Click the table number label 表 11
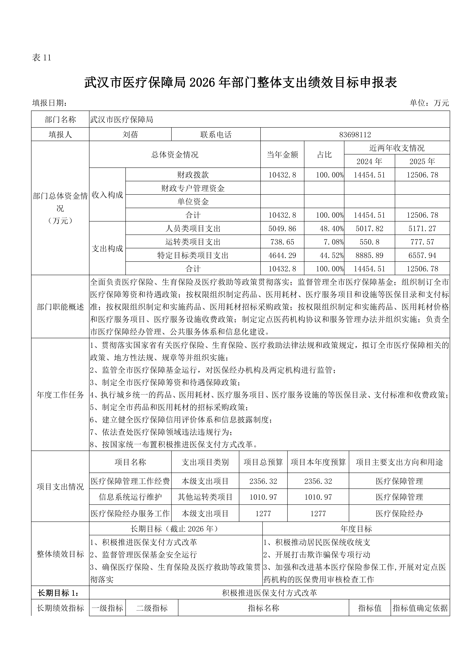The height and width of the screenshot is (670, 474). click(x=41, y=58)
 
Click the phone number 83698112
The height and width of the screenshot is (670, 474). click(x=355, y=135)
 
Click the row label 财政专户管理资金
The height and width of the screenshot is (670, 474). click(x=193, y=188)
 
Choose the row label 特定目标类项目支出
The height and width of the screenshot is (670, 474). click(x=193, y=255)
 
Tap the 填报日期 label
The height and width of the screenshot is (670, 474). click(x=50, y=103)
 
